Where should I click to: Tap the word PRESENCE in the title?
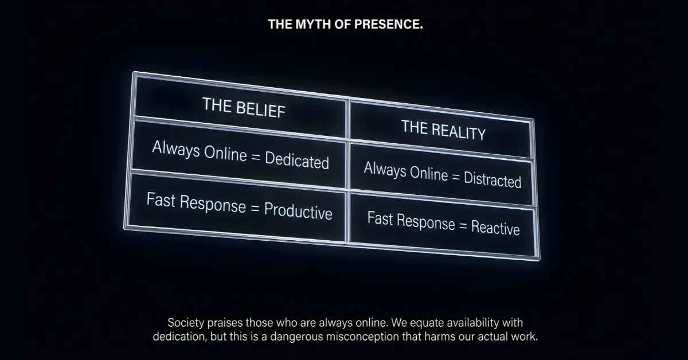389,24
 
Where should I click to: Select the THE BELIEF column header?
244,108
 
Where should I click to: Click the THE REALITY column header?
443,130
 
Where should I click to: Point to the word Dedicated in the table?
297,160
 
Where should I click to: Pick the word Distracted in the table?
492,179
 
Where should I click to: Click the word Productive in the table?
298,211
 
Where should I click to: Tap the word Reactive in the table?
495,228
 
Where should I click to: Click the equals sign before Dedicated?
256,157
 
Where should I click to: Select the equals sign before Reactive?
463,226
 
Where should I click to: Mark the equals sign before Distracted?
456,177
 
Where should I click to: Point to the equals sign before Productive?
255,208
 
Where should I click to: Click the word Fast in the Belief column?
161,199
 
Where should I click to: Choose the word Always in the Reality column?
385,170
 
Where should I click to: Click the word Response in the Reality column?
425,222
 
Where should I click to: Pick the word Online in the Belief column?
225,153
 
